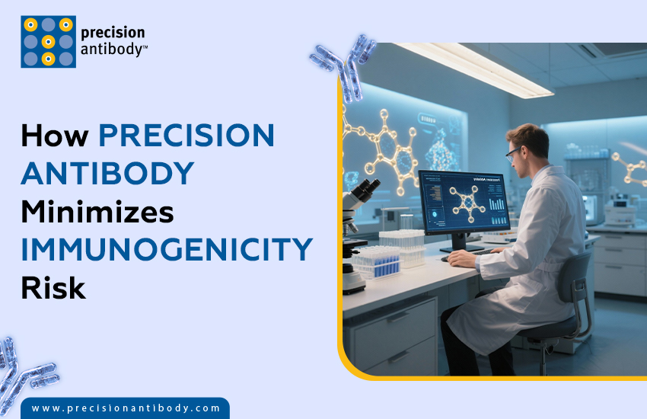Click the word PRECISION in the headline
(x=186, y=136)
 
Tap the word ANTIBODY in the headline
(x=107, y=174)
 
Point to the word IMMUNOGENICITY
(x=167, y=250)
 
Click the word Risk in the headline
(x=53, y=288)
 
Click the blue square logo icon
(x=48, y=42)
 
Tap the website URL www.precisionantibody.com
(x=126, y=408)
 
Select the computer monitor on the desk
(x=465, y=202)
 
